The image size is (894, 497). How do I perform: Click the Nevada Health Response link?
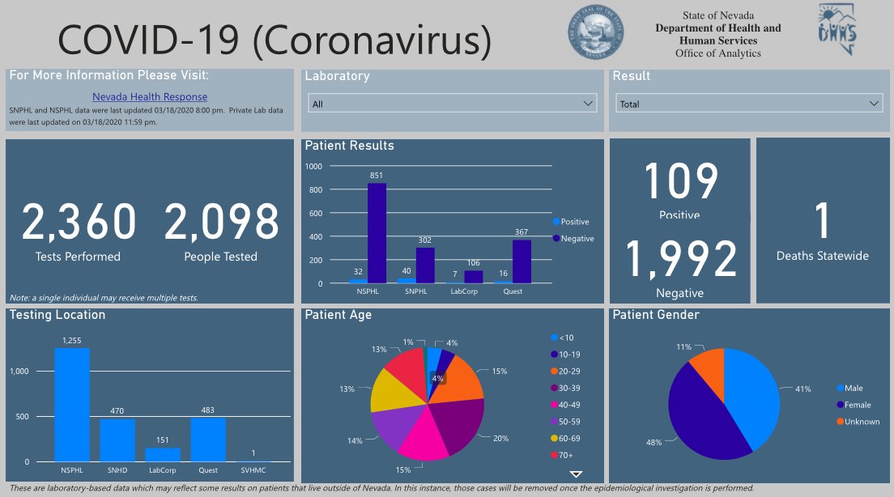point(150,97)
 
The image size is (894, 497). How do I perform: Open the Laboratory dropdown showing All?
point(452,104)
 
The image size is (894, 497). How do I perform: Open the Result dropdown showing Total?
point(749,104)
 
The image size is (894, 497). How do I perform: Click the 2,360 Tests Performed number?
point(79,223)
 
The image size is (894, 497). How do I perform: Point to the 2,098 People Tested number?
point(221,223)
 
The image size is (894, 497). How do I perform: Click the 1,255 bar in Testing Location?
point(72,405)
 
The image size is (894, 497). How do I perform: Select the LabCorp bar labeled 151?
point(163,454)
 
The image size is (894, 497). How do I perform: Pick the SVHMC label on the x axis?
point(253,470)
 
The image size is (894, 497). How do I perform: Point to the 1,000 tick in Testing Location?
point(19,372)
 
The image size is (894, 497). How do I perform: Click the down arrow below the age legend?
point(576,474)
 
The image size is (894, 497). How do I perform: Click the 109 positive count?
point(681,182)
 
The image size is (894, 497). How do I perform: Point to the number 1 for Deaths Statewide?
point(822,221)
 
